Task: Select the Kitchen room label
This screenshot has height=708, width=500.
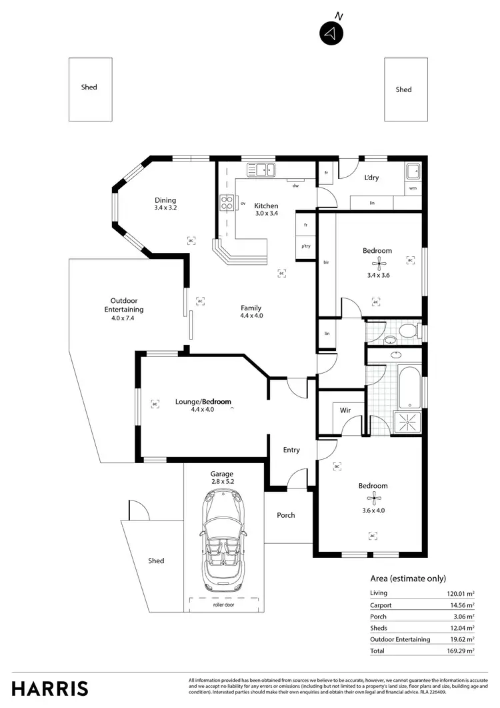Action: tap(266, 206)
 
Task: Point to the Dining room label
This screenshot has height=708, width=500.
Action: tap(165, 200)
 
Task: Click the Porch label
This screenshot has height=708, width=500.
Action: tap(286, 515)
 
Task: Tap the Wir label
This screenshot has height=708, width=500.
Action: tap(345, 410)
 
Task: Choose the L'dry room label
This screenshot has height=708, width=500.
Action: tap(371, 178)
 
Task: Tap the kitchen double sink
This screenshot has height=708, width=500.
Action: tap(261, 169)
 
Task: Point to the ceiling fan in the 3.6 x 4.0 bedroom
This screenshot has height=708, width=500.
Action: tap(377, 498)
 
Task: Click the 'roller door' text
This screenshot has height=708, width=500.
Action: tap(223, 605)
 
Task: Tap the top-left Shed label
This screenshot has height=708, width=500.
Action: tap(89, 87)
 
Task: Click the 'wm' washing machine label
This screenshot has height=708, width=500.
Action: tap(413, 188)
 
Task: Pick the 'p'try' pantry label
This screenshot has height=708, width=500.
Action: tap(306, 246)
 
